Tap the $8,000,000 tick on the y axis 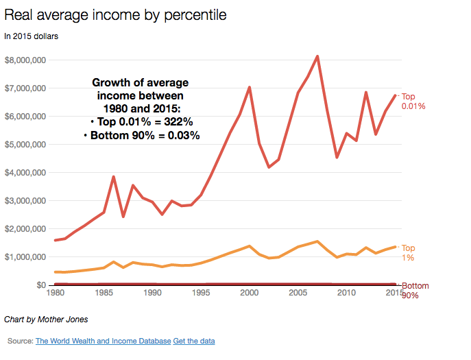click(25, 60)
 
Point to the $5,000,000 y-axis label click(25, 145)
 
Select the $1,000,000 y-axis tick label click(25, 257)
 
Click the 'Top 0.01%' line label click(414, 101)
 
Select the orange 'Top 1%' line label click(409, 252)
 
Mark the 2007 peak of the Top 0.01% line click(317, 56)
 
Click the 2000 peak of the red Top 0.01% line click(250, 87)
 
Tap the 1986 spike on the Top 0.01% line click(113, 177)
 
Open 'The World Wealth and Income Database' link click(103, 341)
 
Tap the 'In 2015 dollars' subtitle click(32, 36)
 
